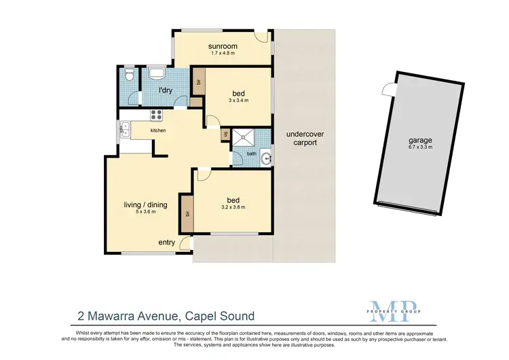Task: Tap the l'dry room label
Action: click(x=164, y=90)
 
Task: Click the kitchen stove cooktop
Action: click(x=156, y=115)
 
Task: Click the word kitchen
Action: click(x=158, y=130)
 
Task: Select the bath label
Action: click(x=251, y=154)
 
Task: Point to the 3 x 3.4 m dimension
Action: click(x=238, y=100)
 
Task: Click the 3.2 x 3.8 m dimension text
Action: click(x=233, y=207)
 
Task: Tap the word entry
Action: click(x=167, y=242)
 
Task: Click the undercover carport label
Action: click(x=301, y=139)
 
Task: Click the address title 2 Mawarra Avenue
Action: click(x=165, y=316)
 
